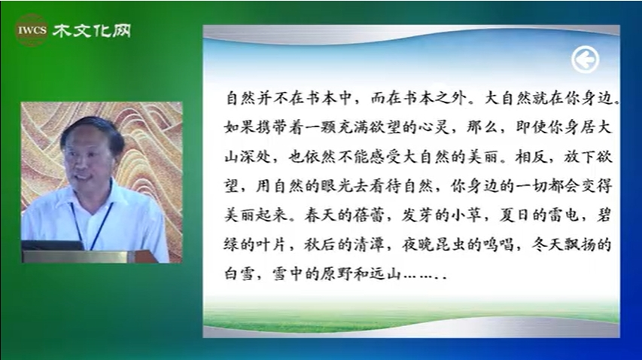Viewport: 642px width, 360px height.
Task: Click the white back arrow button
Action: [x=585, y=59]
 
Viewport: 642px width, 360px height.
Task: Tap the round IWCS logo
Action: [x=31, y=30]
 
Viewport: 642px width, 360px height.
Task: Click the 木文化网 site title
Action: [x=92, y=31]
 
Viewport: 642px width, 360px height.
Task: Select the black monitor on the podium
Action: [x=53, y=246]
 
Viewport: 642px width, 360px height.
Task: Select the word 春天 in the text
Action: [x=321, y=215]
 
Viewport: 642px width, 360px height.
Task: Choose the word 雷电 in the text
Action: [x=563, y=215]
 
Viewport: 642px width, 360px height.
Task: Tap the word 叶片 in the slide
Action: [x=272, y=245]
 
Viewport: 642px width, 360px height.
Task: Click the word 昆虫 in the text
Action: [x=450, y=245]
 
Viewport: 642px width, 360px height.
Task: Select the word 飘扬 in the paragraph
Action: [x=579, y=245]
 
